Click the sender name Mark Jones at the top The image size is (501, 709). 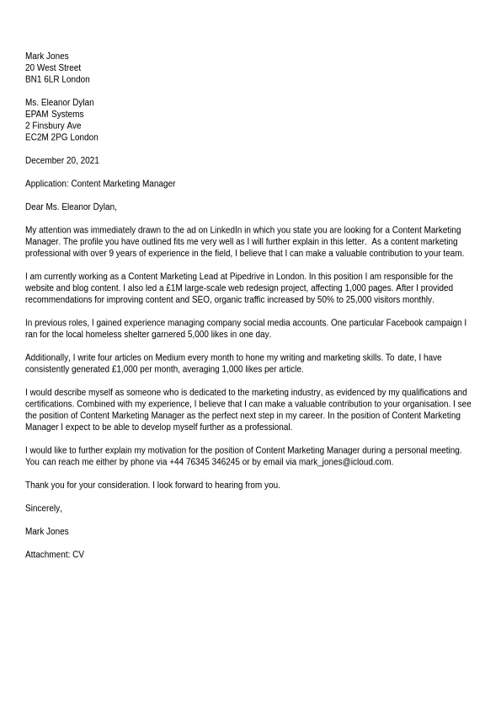[47, 56]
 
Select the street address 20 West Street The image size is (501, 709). [53, 68]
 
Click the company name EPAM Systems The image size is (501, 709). [55, 115]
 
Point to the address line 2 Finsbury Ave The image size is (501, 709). [53, 126]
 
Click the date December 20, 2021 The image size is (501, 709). [62, 160]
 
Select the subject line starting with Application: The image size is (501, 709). [100, 184]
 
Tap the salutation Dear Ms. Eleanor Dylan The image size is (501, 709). [71, 207]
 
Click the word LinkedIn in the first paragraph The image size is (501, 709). [226, 230]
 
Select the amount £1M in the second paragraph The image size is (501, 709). [173, 288]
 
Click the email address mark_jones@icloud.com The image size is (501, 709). [345, 462]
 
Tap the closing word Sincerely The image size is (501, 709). [43, 508]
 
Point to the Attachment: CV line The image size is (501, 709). [55, 555]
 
